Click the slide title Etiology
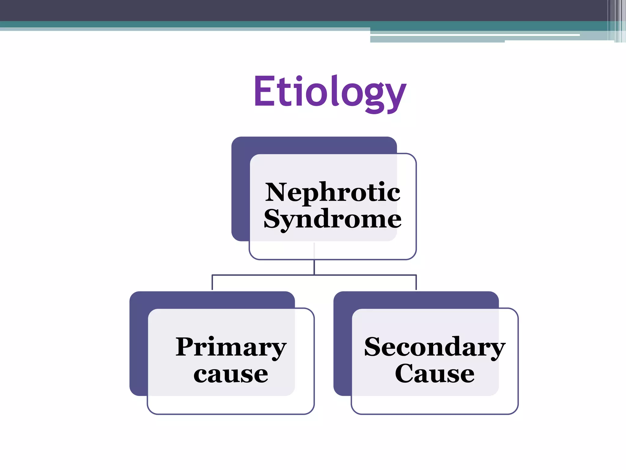330,92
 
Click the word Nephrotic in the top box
333,192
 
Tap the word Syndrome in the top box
333,219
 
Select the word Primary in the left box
231,347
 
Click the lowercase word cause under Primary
231,374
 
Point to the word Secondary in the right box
435,347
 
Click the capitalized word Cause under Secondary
435,374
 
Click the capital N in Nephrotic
276,192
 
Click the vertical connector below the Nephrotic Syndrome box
314,267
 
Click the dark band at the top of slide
275,10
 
